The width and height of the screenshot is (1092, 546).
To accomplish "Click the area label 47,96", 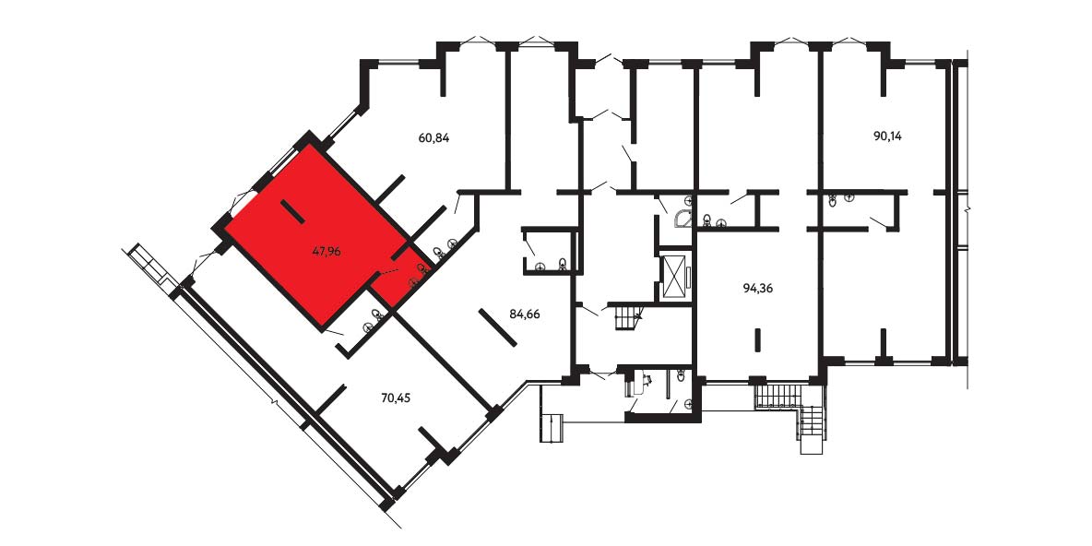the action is click(x=326, y=252).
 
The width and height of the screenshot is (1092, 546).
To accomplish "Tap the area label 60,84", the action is click(x=433, y=138).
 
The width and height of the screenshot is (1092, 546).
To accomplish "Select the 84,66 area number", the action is click(x=525, y=314).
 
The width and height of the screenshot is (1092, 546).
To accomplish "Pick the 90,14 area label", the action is click(x=887, y=136).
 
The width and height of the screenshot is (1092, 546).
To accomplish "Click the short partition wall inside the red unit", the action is click(x=291, y=212).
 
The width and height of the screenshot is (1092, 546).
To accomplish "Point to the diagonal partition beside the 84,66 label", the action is click(x=497, y=327).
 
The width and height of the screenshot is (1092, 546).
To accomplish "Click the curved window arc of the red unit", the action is click(x=240, y=202).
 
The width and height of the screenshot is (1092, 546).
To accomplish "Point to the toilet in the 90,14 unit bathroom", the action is click(x=833, y=201).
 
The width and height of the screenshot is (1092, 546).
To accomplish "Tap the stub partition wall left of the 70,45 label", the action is click(x=333, y=397).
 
